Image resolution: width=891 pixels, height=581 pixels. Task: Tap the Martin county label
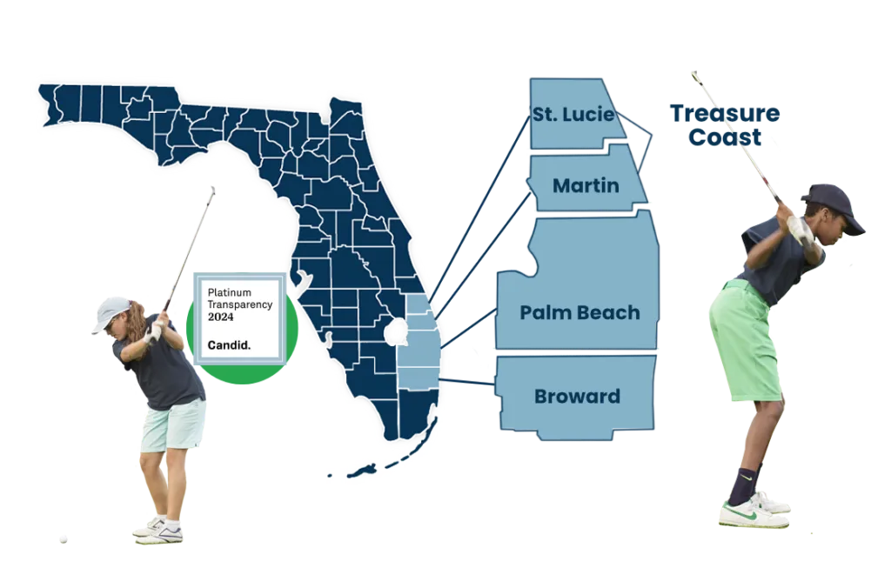coord(586,185)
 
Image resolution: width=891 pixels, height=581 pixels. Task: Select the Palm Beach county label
coord(579,313)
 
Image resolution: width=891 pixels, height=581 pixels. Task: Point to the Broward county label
coord(577,397)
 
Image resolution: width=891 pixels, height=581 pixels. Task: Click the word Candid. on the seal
coord(229,345)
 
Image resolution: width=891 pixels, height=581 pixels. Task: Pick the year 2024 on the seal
coord(221,317)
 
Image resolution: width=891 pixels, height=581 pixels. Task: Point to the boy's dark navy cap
coord(835,206)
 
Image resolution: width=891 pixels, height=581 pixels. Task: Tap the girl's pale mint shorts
coord(173,427)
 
